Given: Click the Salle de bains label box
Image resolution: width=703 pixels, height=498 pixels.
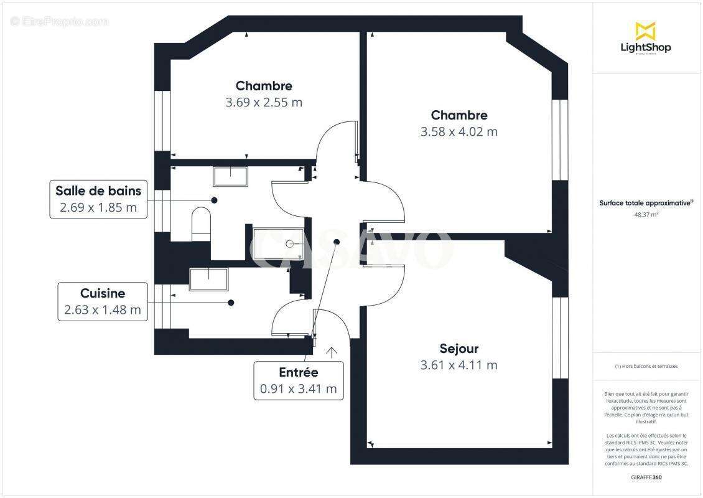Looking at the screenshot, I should (x=98, y=199).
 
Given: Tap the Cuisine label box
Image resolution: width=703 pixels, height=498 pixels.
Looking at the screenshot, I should (x=103, y=301).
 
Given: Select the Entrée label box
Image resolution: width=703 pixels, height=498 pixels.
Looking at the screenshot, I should (x=299, y=380).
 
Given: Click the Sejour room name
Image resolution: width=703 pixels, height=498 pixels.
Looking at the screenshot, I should (x=459, y=349).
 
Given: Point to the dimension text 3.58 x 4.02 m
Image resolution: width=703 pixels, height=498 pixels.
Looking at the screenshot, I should (x=459, y=131).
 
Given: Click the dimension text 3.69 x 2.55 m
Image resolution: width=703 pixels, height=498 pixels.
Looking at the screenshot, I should (x=264, y=102).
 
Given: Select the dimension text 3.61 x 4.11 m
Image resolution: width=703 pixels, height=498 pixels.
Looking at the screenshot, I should (x=459, y=365).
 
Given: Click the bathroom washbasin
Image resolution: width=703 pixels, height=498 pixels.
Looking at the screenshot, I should (x=231, y=176).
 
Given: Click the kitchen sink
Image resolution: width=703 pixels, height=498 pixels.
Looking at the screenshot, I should (x=209, y=279).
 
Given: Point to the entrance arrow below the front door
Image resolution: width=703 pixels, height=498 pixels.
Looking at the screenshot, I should (x=332, y=352).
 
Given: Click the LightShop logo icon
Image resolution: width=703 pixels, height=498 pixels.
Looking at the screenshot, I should (x=646, y=31).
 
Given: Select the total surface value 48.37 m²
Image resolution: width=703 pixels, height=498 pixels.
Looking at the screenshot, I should (x=646, y=214).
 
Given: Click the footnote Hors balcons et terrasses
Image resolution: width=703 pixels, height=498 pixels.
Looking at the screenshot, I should (x=646, y=366).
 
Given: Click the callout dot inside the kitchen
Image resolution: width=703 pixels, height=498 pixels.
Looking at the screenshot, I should (x=231, y=303).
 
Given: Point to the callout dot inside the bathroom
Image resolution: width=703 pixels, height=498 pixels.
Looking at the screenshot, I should (x=214, y=200).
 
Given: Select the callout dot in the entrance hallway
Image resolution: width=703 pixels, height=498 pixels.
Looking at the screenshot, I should (x=337, y=242).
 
